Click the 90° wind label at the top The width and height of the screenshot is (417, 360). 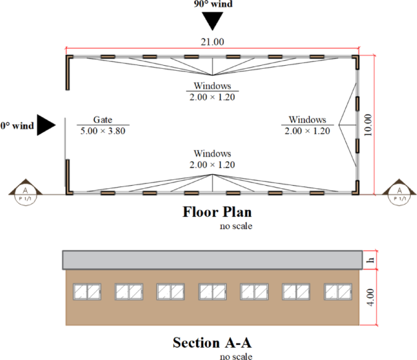pyautogui.click(x=213, y=4)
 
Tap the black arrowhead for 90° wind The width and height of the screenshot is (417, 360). pyautogui.click(x=213, y=21)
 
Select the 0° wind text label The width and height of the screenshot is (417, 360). pyautogui.click(x=17, y=125)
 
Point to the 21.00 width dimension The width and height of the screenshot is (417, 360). pyautogui.click(x=212, y=41)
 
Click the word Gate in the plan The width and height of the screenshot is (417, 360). pyautogui.click(x=103, y=120)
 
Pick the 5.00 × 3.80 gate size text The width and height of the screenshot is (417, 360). pyautogui.click(x=103, y=130)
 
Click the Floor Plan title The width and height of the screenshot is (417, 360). pyautogui.click(x=217, y=213)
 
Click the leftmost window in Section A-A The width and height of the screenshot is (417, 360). pyautogui.click(x=88, y=292)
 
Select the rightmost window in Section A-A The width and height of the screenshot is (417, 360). pyautogui.click(x=338, y=292)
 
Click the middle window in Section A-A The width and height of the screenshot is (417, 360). pyautogui.click(x=213, y=292)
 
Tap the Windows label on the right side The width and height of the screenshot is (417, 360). pyautogui.click(x=307, y=120)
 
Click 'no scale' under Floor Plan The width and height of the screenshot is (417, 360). pyautogui.click(x=236, y=226)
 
